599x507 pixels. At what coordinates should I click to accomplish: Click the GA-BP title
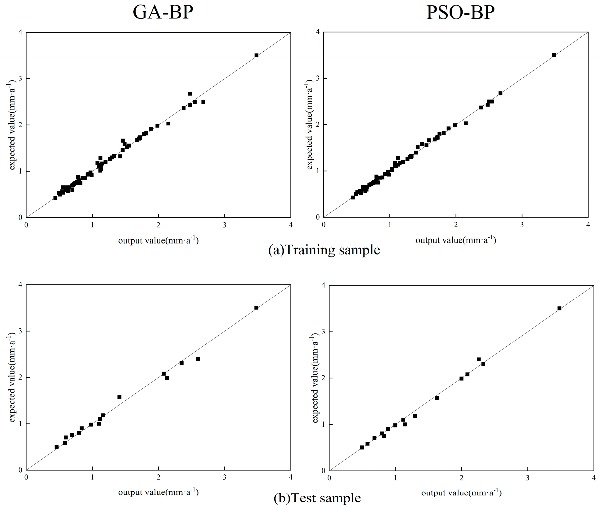163,13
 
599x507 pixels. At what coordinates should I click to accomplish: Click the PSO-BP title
460,13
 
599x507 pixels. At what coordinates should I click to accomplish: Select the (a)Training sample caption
324,250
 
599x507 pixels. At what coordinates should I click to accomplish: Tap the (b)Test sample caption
317,498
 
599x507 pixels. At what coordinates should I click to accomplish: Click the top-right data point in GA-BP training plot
256,55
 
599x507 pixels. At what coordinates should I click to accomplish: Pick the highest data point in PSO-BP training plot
554,55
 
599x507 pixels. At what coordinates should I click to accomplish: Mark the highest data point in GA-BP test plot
256,308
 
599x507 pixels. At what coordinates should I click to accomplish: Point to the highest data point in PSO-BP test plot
559,308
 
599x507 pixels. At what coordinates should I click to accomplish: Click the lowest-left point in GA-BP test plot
57,447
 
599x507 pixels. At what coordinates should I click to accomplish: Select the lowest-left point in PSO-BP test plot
362,448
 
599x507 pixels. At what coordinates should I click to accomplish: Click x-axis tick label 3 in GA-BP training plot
225,225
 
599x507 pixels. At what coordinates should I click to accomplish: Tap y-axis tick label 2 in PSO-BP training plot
318,125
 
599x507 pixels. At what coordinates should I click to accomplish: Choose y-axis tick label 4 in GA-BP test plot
20,285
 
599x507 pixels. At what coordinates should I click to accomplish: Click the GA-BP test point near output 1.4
119,397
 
